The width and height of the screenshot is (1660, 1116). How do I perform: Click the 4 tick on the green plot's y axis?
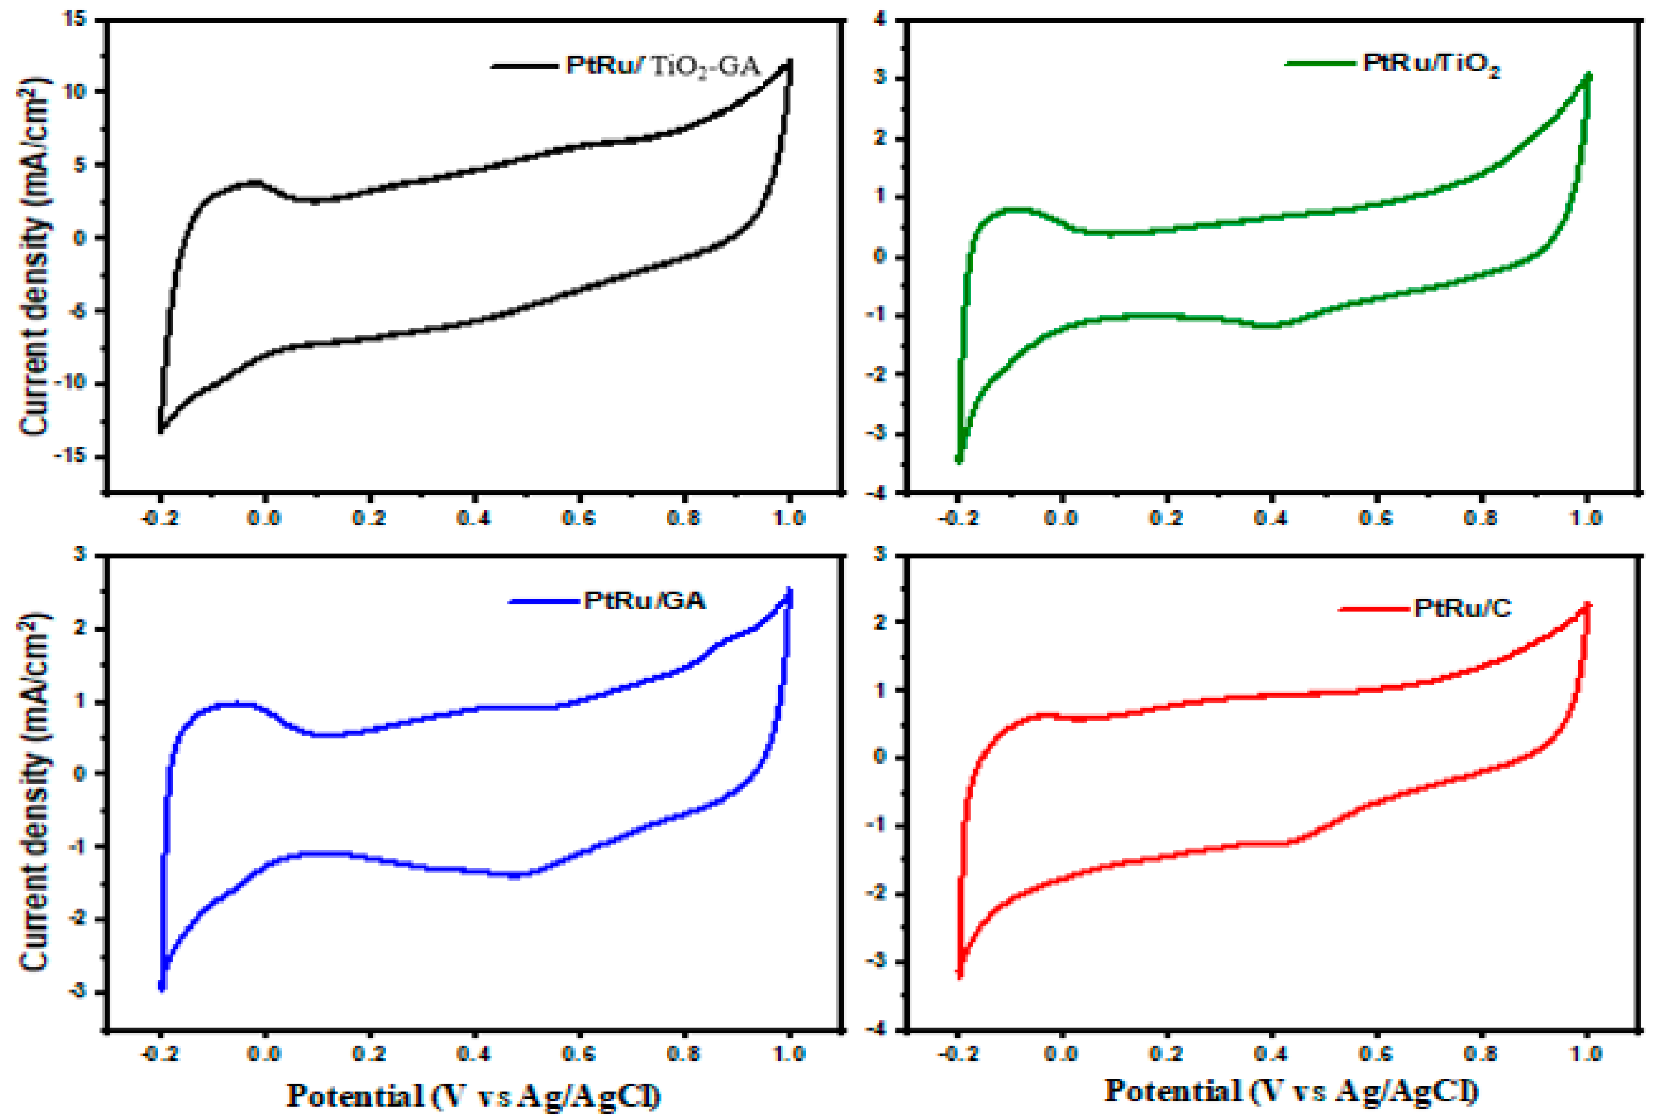click(880, 19)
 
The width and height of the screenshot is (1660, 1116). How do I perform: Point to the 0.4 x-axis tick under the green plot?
click(1271, 518)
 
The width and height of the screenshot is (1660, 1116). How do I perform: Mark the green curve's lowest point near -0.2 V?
click(959, 460)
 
